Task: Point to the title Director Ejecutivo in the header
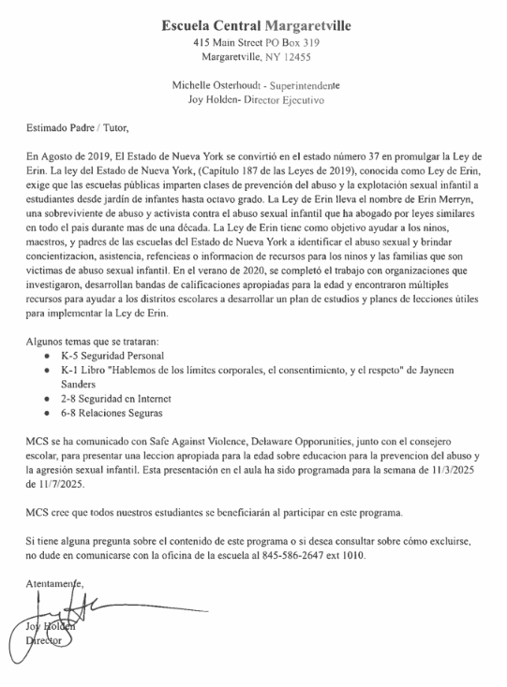tap(282, 98)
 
